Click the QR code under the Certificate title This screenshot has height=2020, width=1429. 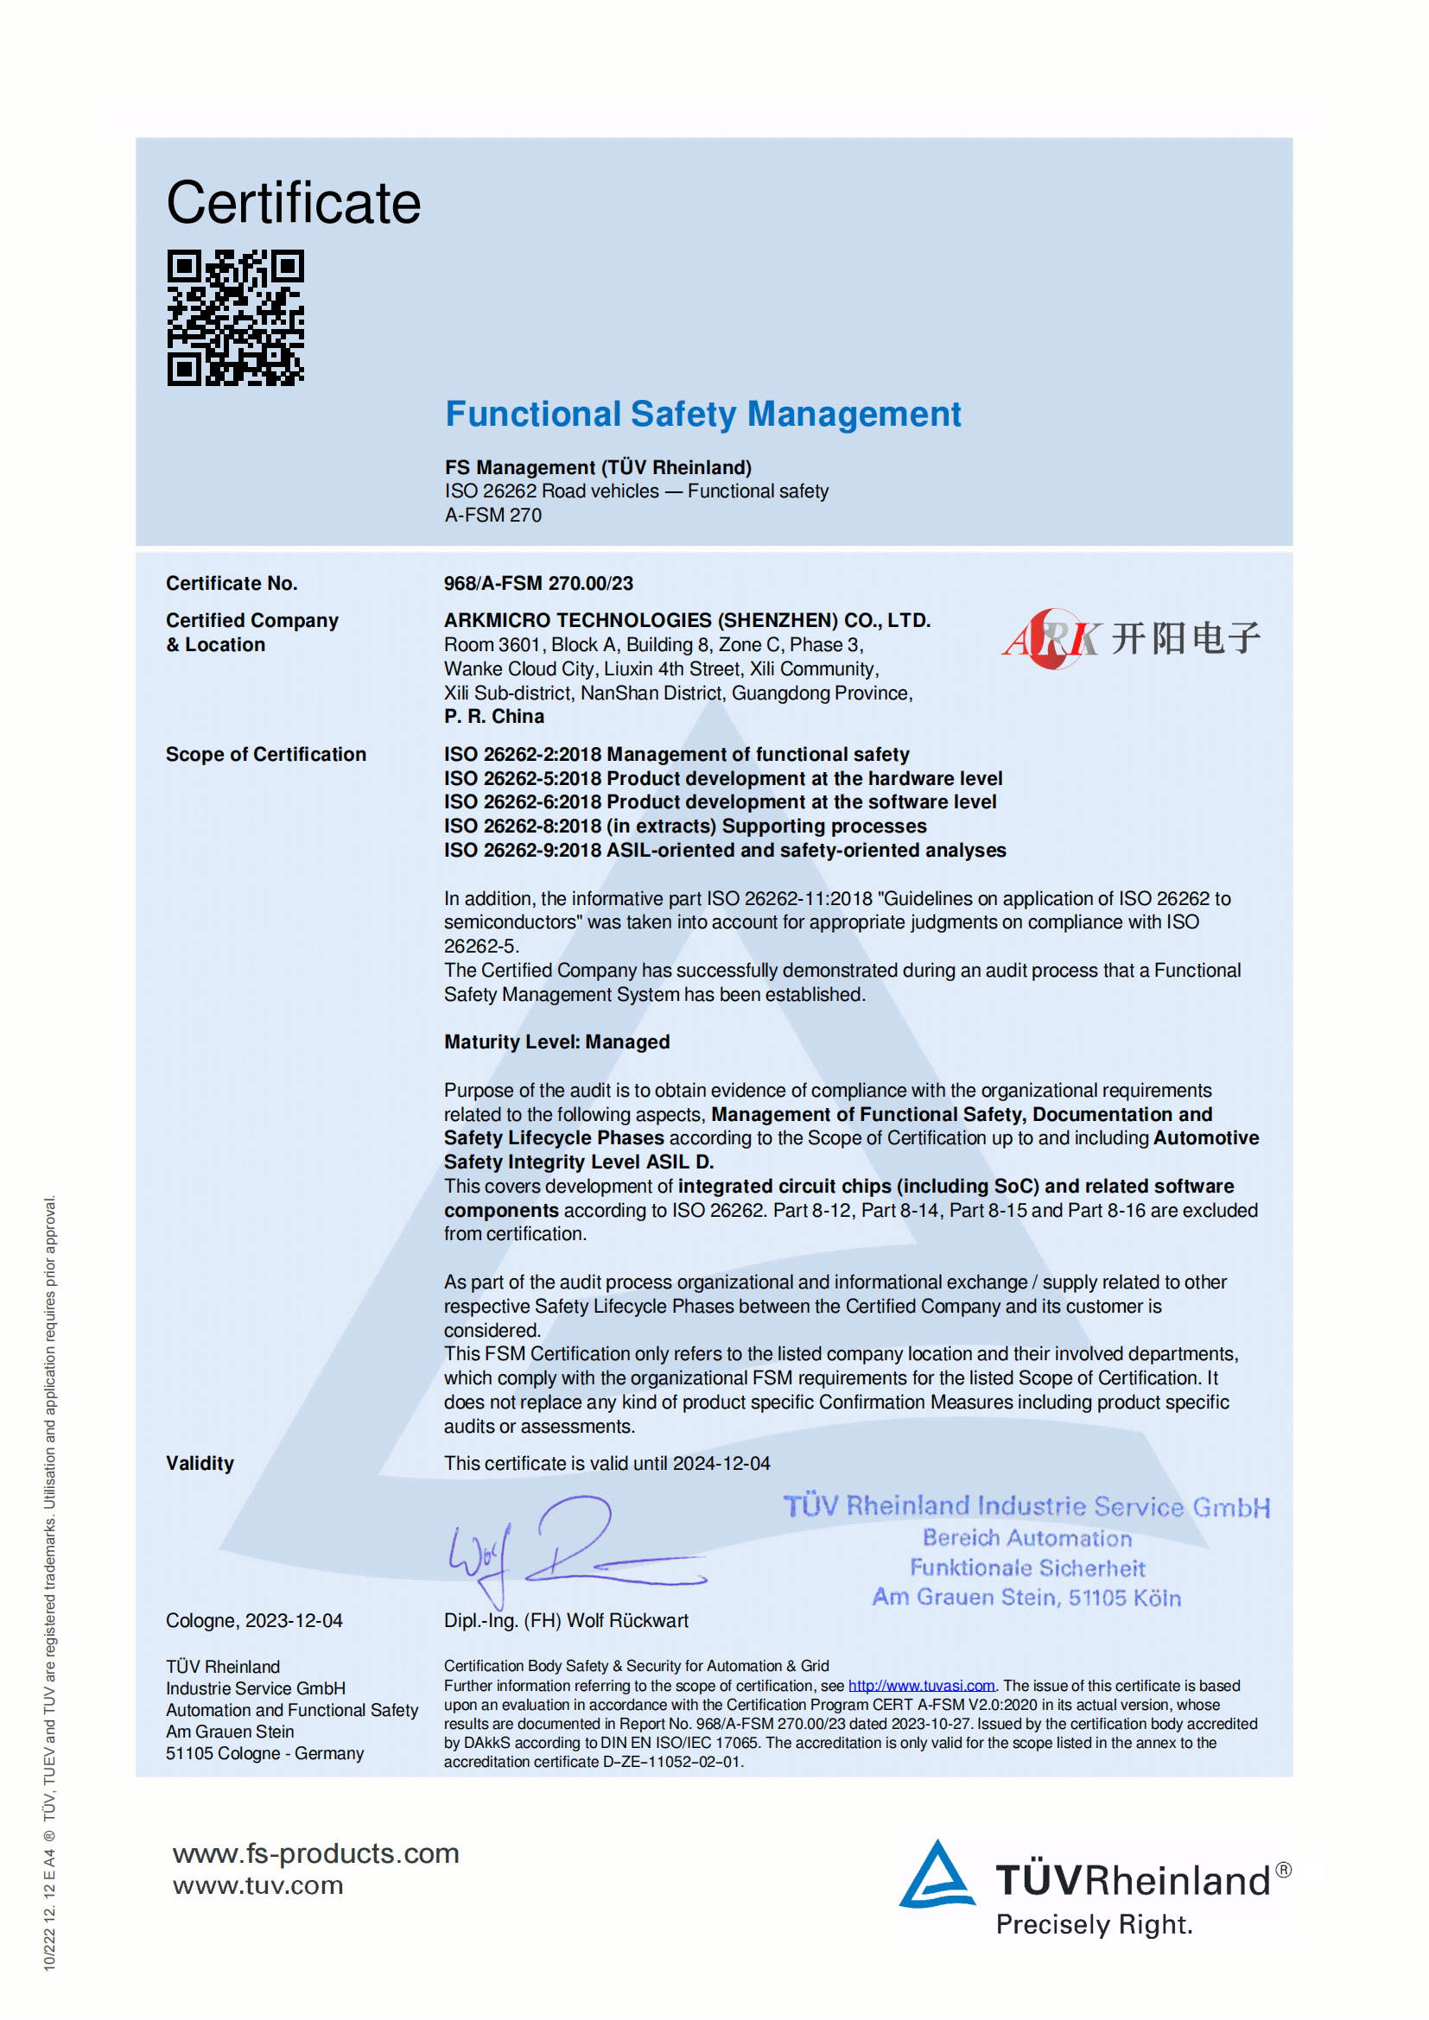[235, 318]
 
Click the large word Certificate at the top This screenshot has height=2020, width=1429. [293, 203]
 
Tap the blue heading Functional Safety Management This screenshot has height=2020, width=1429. [702, 415]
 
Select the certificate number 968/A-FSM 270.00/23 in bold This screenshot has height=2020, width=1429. [537, 583]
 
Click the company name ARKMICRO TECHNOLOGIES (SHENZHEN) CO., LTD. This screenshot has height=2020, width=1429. [686, 620]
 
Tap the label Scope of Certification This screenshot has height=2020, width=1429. [266, 755]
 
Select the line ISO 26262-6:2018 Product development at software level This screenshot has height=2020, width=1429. [720, 802]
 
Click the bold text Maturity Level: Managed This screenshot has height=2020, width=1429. [556, 1042]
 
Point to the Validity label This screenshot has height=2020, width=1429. [200, 1463]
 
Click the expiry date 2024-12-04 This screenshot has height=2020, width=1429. [721, 1463]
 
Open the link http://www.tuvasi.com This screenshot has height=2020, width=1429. [920, 1686]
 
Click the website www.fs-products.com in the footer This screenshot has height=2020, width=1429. [315, 1852]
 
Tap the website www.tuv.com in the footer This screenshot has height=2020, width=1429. [257, 1885]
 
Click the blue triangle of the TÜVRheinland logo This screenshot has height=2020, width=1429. [937, 1876]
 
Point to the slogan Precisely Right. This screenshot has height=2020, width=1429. [1094, 1925]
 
